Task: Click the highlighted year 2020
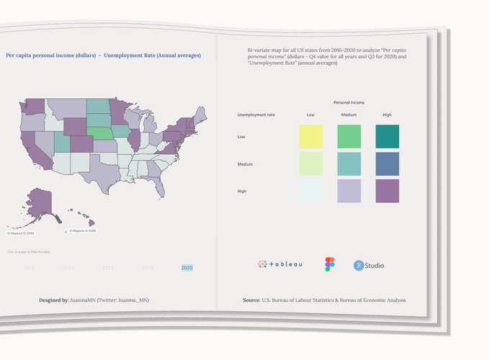[x=187, y=268]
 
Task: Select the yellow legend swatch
[x=311, y=136]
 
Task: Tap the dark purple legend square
[x=387, y=191]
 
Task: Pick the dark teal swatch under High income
[x=387, y=136]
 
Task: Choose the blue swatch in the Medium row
[x=387, y=163]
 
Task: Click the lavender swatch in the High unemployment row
[x=349, y=191]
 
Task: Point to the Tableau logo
[x=280, y=264]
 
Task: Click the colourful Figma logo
[x=330, y=264]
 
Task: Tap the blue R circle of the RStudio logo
[x=359, y=266]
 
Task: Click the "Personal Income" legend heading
[x=349, y=103]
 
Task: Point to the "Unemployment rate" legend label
[x=256, y=114]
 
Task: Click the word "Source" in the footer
[x=251, y=300]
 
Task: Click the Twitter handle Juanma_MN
[x=136, y=300]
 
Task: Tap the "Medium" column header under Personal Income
[x=349, y=114]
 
